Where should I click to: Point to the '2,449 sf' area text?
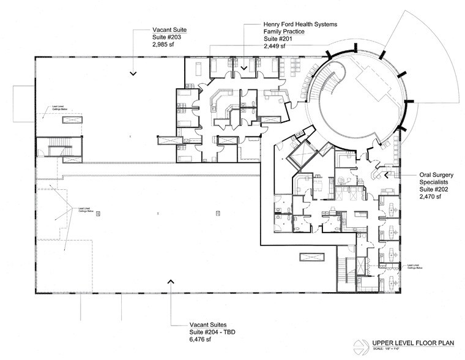point(275,45)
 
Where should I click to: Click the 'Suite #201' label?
point(279,38)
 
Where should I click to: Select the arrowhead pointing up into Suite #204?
point(170,281)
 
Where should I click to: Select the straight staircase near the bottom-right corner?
point(350,270)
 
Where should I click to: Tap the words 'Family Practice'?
point(283,31)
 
